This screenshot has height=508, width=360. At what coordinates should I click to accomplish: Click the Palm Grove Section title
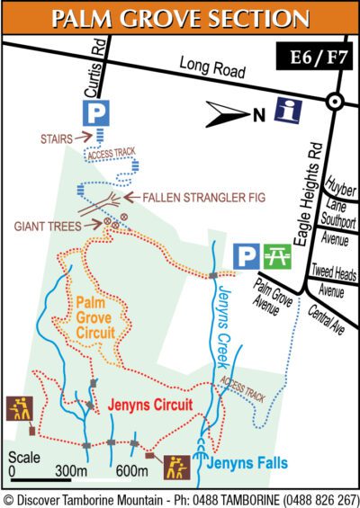coord(180,18)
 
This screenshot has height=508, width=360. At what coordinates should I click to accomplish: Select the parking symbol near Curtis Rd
coord(95,111)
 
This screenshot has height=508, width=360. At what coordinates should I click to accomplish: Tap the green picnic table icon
coord(276,257)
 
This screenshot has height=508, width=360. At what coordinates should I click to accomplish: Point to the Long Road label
coord(206,65)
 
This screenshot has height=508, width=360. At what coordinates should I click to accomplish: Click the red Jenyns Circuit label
coord(150,406)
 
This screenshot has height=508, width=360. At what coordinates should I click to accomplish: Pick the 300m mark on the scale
coord(68,471)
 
